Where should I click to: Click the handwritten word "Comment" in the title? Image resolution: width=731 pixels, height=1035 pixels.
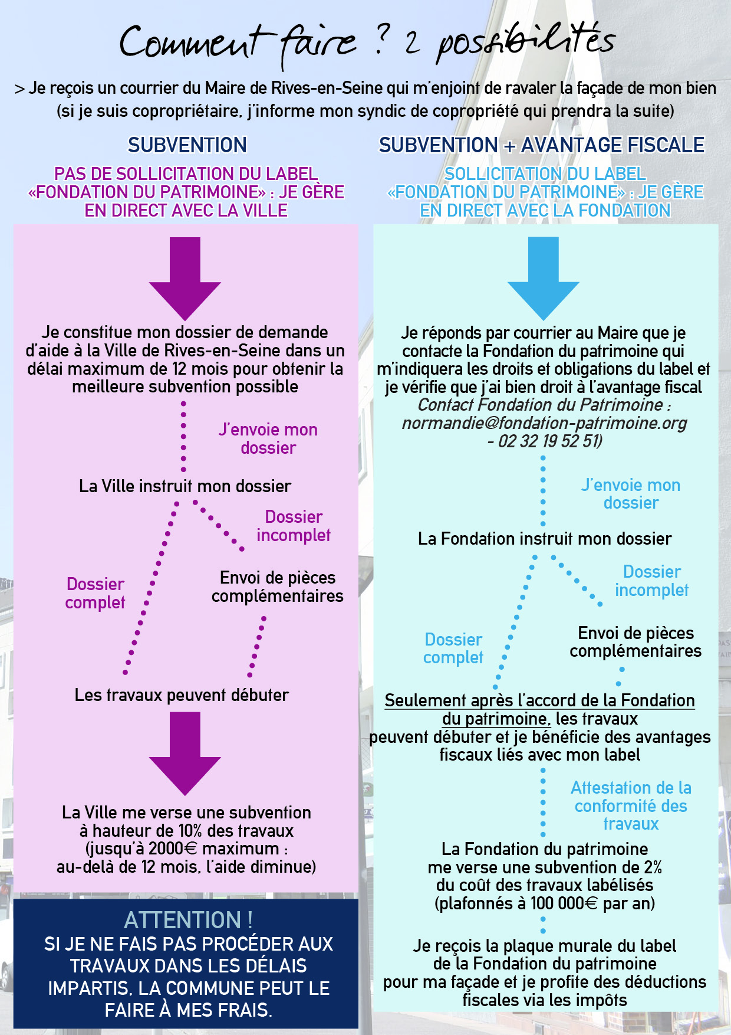(190, 42)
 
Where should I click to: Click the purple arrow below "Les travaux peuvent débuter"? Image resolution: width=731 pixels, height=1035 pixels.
(185, 754)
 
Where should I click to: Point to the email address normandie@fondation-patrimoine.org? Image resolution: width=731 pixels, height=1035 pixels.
(545, 423)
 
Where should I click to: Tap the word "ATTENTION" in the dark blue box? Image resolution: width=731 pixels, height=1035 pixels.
(182, 920)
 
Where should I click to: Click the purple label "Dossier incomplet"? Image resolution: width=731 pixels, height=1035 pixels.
(294, 526)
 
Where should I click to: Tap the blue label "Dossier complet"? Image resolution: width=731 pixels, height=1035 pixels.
(453, 648)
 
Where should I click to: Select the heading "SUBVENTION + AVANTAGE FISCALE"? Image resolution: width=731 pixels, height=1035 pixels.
(542, 145)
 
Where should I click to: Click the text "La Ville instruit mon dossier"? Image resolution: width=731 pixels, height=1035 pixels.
(185, 486)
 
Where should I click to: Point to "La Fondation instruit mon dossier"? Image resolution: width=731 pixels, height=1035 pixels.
(545, 539)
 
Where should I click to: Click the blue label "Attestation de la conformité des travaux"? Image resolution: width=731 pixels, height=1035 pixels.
(631, 806)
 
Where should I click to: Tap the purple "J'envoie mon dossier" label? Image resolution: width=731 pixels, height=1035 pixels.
(268, 439)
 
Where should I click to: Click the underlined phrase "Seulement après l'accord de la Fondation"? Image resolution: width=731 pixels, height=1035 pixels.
(539, 701)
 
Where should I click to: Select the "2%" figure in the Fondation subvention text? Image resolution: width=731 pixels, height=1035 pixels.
(653, 867)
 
